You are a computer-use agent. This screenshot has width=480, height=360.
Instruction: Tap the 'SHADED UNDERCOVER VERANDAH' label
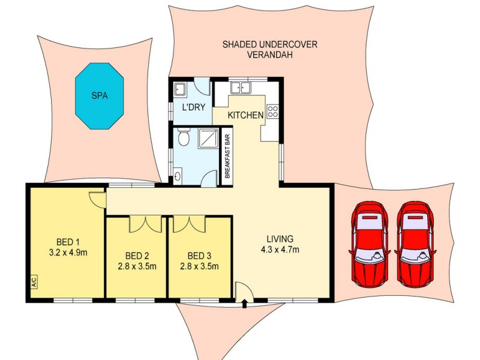click(x=270, y=49)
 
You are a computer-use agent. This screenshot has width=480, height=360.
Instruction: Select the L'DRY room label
click(x=194, y=108)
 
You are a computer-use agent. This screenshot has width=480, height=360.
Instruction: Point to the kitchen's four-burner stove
click(x=272, y=112)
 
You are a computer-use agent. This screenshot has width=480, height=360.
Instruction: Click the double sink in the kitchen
click(x=241, y=88)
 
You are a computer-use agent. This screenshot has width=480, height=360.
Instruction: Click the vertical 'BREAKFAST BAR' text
click(x=227, y=157)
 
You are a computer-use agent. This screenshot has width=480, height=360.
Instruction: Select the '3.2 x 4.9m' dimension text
click(x=67, y=253)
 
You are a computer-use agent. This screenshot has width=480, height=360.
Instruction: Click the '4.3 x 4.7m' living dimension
click(x=281, y=250)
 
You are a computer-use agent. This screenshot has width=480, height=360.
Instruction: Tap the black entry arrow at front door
click(x=244, y=305)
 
